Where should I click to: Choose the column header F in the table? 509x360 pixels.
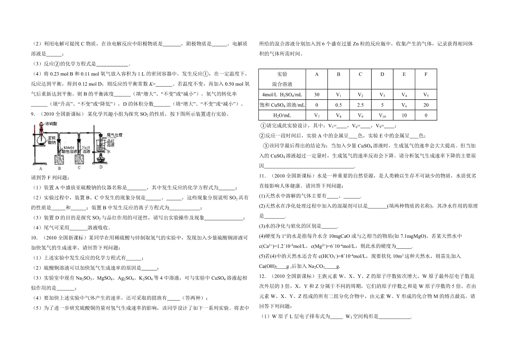coord(426,74)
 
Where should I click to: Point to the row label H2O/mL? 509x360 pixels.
coord(282,115)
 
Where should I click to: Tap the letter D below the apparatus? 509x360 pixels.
coord(101,167)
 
